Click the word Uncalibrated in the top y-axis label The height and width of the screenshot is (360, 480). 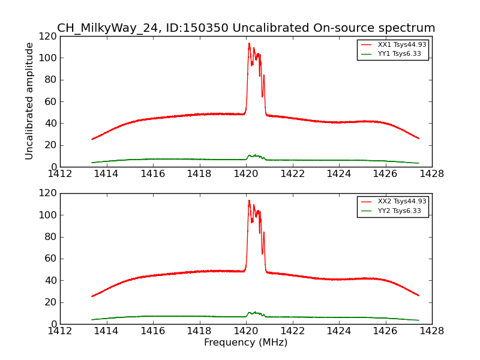click(29, 79)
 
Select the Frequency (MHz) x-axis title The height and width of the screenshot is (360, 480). click(245, 343)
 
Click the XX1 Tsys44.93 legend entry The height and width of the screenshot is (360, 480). click(401, 44)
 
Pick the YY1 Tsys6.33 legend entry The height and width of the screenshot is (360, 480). click(400, 54)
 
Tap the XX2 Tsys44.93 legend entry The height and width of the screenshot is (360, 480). click(401, 202)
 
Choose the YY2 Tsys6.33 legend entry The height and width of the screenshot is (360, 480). click(400, 211)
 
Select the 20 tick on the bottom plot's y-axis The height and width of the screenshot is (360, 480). click(52, 302)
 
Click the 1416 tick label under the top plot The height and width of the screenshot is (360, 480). click(152, 174)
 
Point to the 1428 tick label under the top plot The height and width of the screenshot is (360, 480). click(431, 174)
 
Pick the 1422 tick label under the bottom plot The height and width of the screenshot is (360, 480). click(292, 331)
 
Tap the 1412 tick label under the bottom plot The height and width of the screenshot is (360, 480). click(60, 331)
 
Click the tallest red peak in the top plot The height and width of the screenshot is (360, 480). click(249, 43)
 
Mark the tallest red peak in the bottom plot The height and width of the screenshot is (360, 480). click(249, 200)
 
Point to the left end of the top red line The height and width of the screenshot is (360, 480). click(92, 139)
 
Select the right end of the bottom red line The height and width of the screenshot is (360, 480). click(418, 295)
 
